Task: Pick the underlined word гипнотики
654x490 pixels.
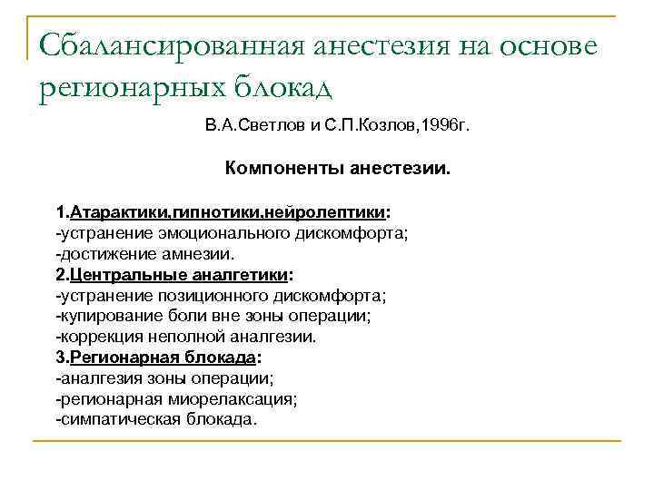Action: [x=213, y=213]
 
